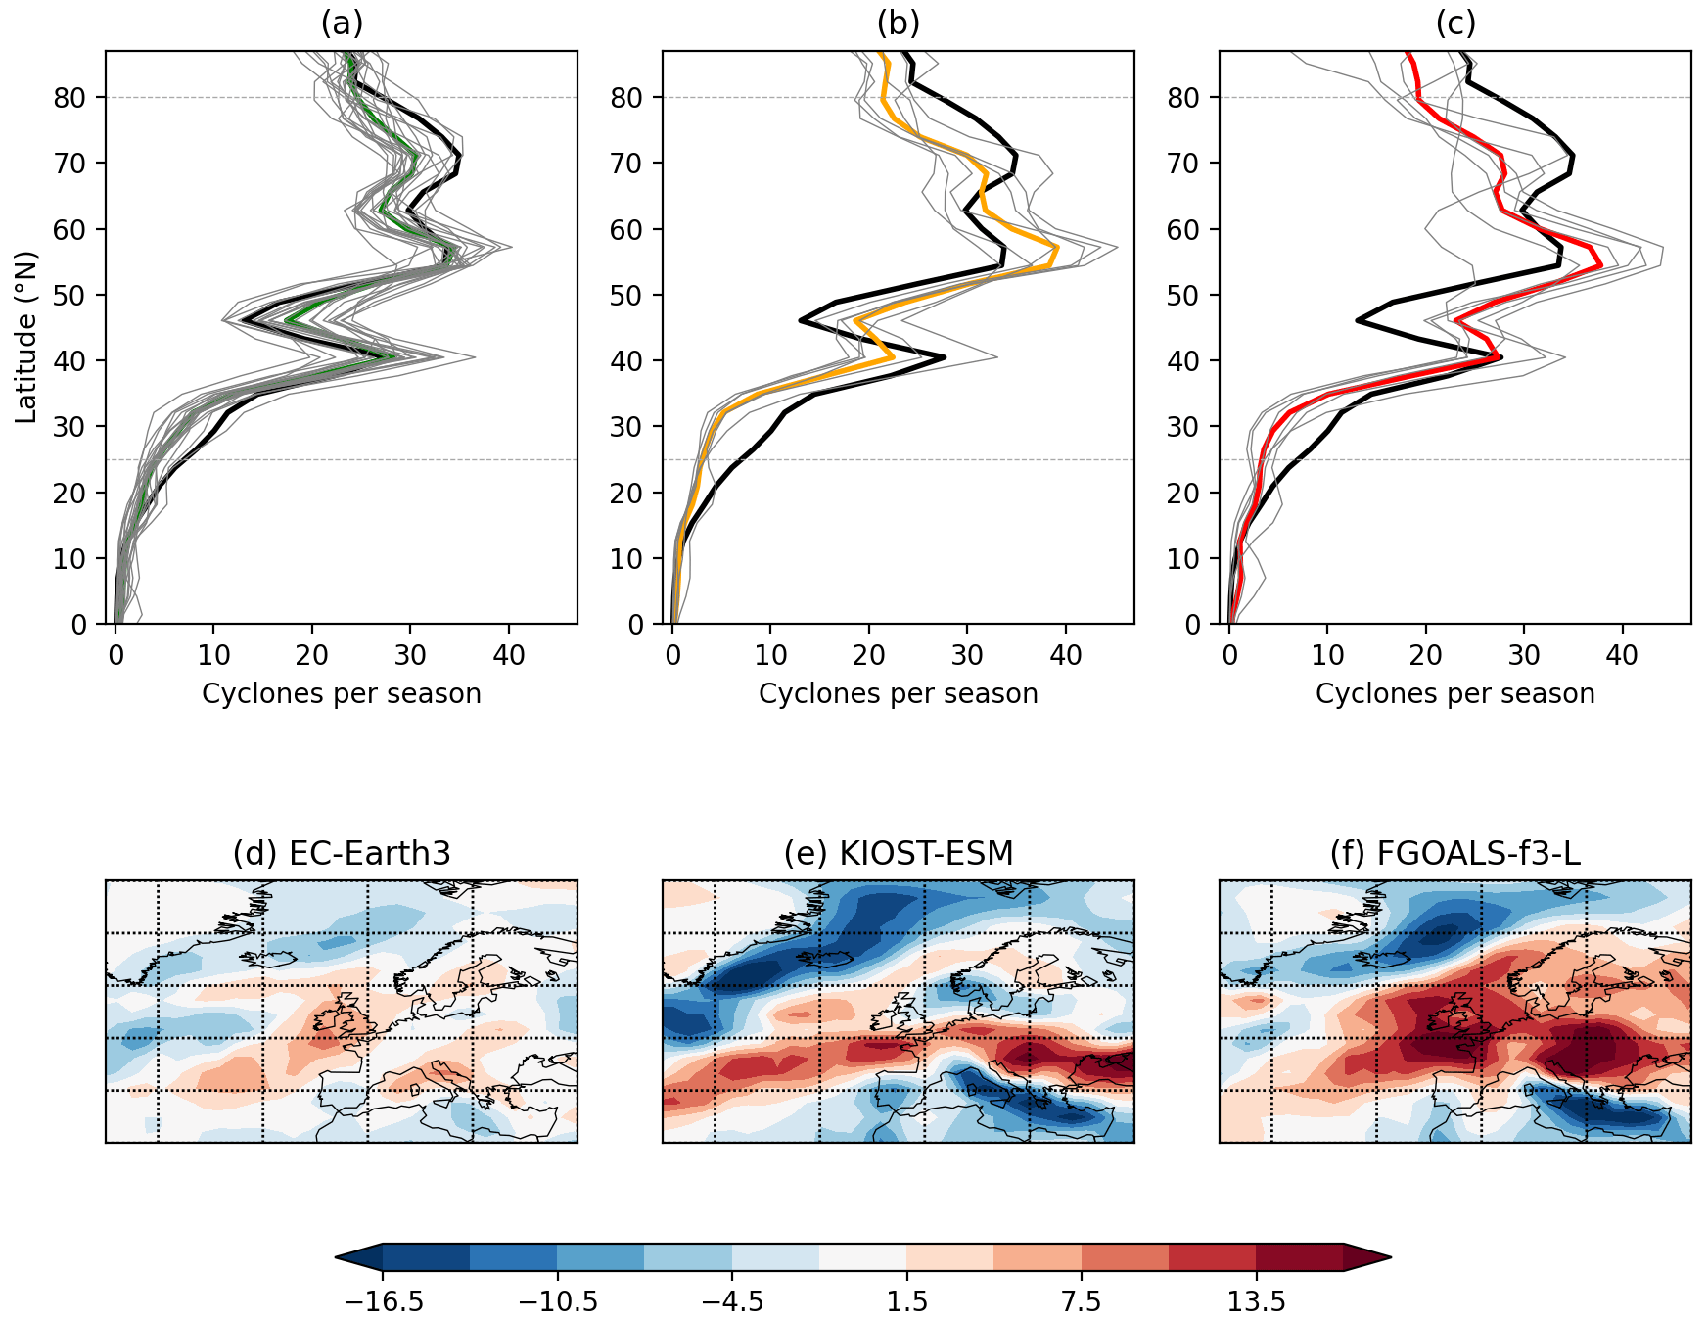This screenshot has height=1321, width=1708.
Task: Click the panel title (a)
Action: [x=342, y=24]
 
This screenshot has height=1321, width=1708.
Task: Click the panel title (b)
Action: [x=898, y=24]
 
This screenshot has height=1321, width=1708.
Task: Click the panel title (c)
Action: [x=1454, y=24]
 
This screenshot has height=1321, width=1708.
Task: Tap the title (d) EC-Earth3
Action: [x=342, y=854]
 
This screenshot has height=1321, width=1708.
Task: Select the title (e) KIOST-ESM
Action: [x=898, y=854]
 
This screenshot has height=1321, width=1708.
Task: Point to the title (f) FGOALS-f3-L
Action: [x=1454, y=854]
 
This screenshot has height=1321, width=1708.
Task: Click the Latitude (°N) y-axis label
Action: [x=26, y=338]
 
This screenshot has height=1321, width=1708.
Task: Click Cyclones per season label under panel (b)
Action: [x=898, y=694]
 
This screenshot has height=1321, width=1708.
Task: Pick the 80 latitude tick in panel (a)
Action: [x=69, y=98]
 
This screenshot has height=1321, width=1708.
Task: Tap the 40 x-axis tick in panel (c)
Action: [x=1622, y=656]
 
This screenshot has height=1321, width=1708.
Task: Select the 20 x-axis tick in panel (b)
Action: [x=868, y=656]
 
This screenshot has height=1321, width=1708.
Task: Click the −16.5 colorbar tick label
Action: [x=383, y=1302]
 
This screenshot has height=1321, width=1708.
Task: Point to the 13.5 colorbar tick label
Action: [x=1256, y=1302]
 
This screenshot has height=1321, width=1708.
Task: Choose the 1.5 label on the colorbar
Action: [x=906, y=1302]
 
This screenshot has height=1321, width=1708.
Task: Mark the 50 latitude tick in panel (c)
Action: [x=1183, y=296]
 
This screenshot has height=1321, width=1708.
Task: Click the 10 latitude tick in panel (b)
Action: [x=626, y=559]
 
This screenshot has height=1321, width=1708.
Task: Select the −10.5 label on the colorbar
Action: [x=557, y=1302]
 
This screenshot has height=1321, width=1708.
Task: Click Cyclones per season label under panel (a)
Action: [x=342, y=694]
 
